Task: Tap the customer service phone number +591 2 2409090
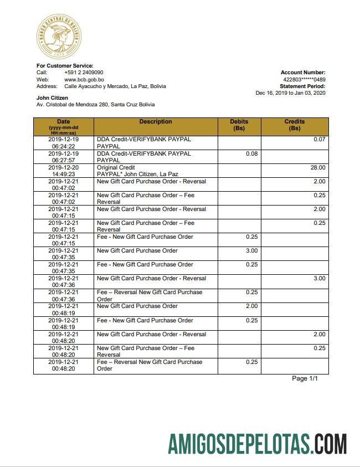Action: (84, 73)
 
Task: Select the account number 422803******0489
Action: (304, 79)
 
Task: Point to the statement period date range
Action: (290, 93)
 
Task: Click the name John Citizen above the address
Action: (52, 98)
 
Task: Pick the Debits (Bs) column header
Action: (239, 125)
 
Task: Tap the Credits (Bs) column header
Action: (295, 125)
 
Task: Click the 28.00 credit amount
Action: (318, 167)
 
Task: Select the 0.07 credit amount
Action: (320, 139)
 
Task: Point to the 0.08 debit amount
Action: (251, 153)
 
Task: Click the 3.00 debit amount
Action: (251, 250)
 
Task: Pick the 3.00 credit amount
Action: (320, 278)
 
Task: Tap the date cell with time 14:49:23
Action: (63, 171)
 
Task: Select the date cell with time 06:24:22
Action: (63, 142)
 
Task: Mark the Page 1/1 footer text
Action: (305, 378)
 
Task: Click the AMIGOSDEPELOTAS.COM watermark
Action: (258, 444)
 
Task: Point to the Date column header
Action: (63, 126)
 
